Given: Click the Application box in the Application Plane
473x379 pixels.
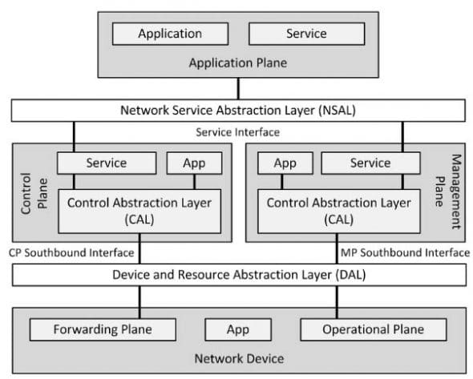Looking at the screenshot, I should click(x=169, y=34).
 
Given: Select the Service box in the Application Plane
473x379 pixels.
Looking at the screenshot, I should click(x=305, y=34).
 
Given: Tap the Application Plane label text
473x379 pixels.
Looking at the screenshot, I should click(x=237, y=62).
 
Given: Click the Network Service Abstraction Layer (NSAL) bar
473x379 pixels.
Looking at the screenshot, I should click(x=237, y=110).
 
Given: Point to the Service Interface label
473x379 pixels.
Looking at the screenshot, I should click(x=237, y=131).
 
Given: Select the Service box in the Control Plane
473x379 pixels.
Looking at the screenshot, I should click(x=107, y=163).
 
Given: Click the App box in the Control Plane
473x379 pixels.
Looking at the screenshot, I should click(x=194, y=163).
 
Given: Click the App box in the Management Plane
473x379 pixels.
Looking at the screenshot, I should click(x=285, y=163).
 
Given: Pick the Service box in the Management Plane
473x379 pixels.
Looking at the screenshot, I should click(x=370, y=163).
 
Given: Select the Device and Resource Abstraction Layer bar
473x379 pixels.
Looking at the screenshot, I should click(x=237, y=275).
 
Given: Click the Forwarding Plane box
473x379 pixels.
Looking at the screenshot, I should click(x=102, y=329).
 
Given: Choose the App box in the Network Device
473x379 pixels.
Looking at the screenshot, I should click(x=237, y=329).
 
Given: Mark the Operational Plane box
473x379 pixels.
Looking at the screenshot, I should click(x=373, y=329).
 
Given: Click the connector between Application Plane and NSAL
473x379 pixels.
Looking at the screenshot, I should click(x=237, y=87).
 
